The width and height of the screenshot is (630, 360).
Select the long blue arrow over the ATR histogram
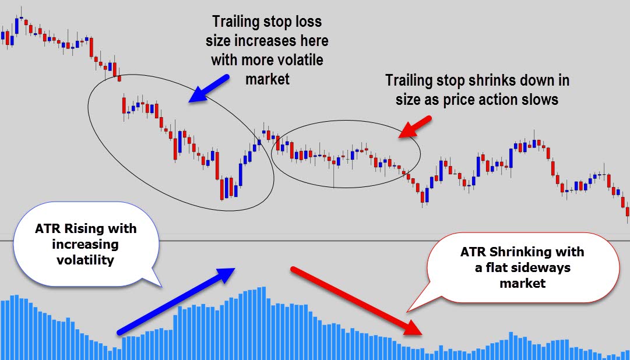(x=175, y=301)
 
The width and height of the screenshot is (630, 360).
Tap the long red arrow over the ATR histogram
(x=356, y=301)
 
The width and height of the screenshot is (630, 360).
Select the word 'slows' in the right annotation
(x=541, y=99)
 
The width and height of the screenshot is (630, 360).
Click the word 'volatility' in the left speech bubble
(x=85, y=260)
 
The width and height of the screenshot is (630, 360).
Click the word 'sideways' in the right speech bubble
(x=546, y=268)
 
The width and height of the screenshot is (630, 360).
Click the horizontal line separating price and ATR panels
(x=315, y=241)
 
